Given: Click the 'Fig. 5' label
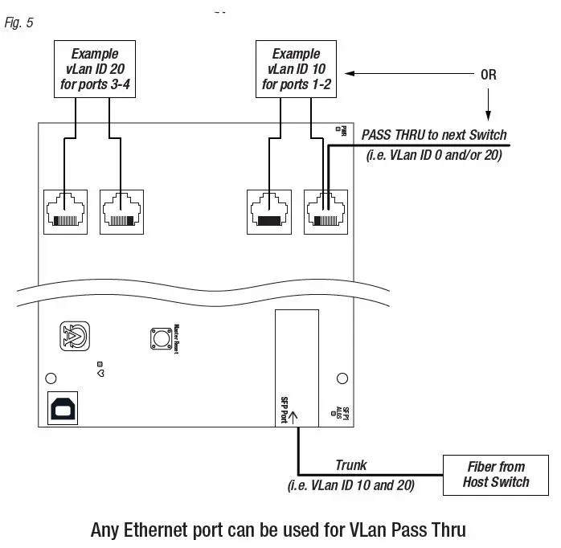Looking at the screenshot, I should pyautogui.click(x=18, y=22).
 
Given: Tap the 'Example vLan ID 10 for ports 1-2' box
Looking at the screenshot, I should pyautogui.click(x=296, y=68).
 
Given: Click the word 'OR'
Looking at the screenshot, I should pyautogui.click(x=489, y=75).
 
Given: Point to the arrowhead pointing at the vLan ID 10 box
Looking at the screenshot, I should pyautogui.click(x=349, y=75).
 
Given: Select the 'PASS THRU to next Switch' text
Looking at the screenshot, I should pyautogui.click(x=434, y=135).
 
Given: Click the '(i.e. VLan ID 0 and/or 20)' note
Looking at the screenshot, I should pyautogui.click(x=434, y=155).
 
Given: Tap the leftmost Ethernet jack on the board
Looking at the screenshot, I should pyautogui.click(x=64, y=211).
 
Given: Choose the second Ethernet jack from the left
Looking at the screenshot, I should pyautogui.click(x=120, y=211).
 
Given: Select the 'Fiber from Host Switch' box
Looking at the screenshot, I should pyautogui.click(x=496, y=474).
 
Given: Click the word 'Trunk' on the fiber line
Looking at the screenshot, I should pyautogui.click(x=351, y=466).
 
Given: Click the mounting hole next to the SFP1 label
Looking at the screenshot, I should pyautogui.click(x=342, y=378).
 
